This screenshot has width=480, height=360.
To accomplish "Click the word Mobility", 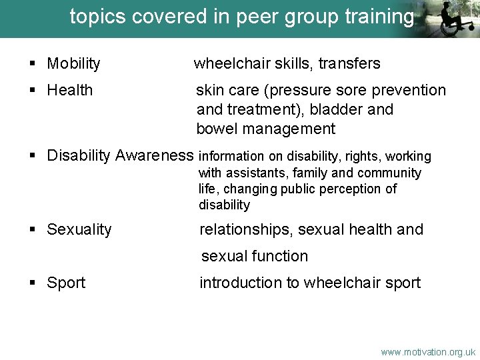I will pyautogui.click(x=73, y=64).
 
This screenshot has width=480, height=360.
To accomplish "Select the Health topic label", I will pyautogui.click(x=70, y=90).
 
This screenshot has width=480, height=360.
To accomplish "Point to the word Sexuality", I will pyautogui.click(x=79, y=230).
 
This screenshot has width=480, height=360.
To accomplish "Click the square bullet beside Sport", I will pyautogui.click(x=32, y=283).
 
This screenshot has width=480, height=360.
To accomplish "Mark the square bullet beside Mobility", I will pyautogui.click(x=32, y=65).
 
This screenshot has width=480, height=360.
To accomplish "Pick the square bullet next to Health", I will pyautogui.click(x=32, y=91).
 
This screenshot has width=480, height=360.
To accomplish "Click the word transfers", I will pyautogui.click(x=349, y=64).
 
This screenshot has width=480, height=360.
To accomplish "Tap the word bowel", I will pyautogui.click(x=217, y=129).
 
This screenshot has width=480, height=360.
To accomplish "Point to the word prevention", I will pyautogui.click(x=409, y=90).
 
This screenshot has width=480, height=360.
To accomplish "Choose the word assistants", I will pyautogui.click(x=252, y=173).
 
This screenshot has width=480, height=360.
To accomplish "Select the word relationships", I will pyautogui.click(x=246, y=229).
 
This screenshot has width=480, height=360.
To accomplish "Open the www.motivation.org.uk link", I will pyautogui.click(x=428, y=351).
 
